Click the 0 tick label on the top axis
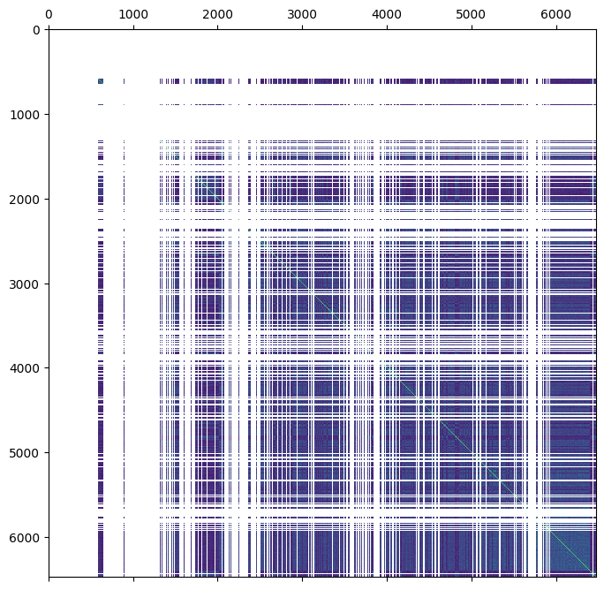pyautogui.click(x=49, y=15)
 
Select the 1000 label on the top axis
pyautogui.click(x=133, y=15)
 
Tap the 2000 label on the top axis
pyautogui.click(x=218, y=15)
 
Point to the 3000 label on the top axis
pyautogui.click(x=303, y=15)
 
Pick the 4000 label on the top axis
pyautogui.click(x=388, y=15)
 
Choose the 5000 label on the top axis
pyautogui.click(x=472, y=15)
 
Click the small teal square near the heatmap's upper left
pyautogui.click(x=101, y=81)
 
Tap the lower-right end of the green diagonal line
pyautogui.click(x=594, y=575)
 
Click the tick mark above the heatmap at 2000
pyautogui.click(x=218, y=27)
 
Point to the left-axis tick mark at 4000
pyautogui.click(x=46, y=368)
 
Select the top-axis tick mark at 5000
pyautogui.click(x=472, y=27)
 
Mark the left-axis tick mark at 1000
pyautogui.click(x=46, y=115)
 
